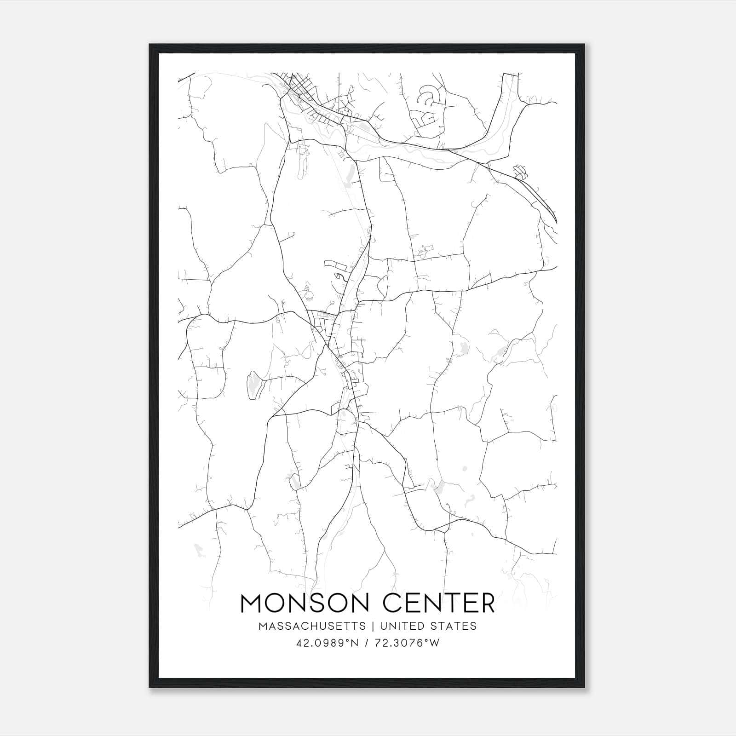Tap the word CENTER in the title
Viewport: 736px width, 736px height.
(x=439, y=603)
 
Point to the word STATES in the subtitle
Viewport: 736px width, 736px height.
(x=453, y=626)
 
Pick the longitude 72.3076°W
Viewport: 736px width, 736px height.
(x=408, y=643)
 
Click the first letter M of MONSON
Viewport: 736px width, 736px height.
(x=251, y=603)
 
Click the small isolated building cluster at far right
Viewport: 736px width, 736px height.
(x=520, y=172)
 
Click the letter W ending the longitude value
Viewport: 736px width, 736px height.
(x=434, y=643)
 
